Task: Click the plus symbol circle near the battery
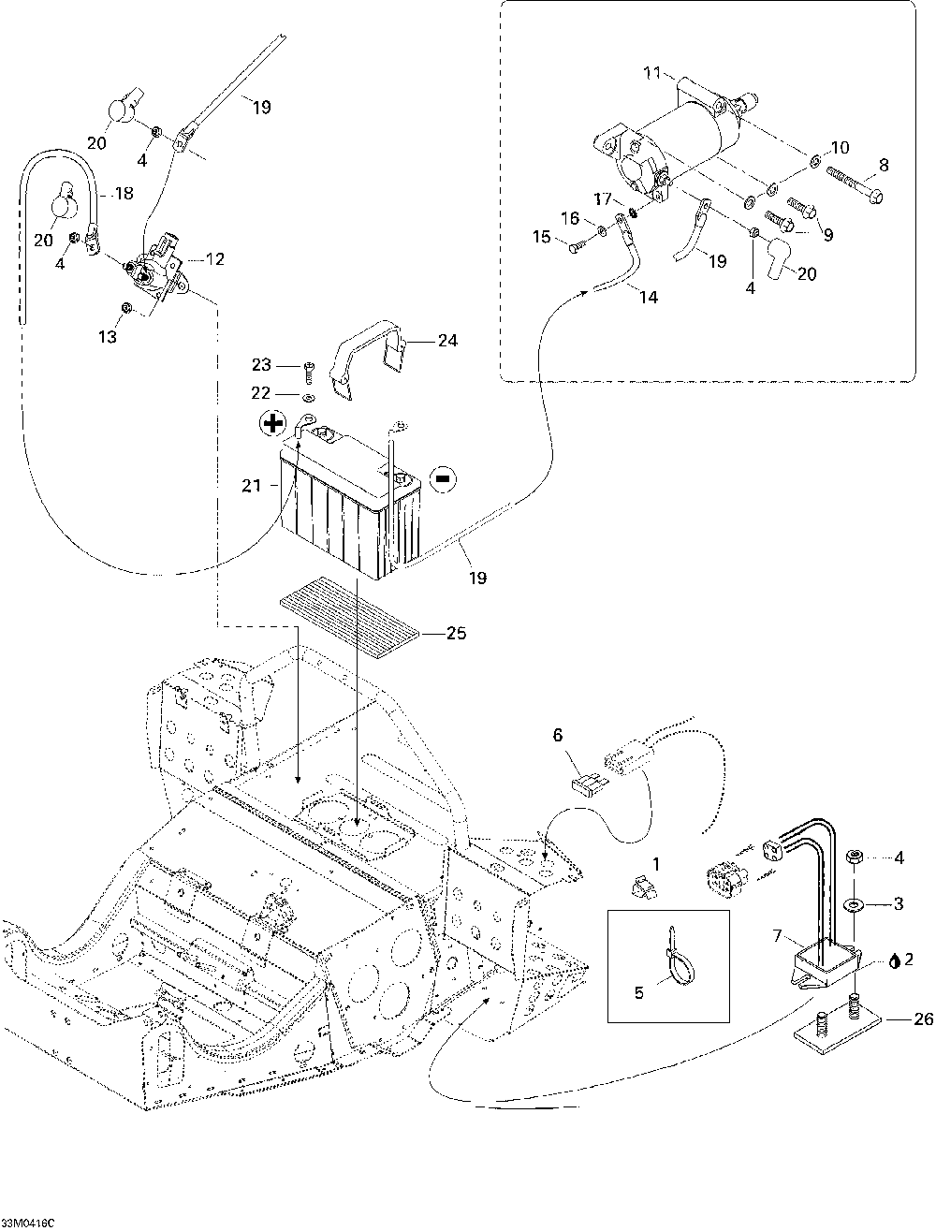click(x=272, y=425)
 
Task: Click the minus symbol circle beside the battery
click(x=442, y=478)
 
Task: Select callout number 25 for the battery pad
click(x=456, y=634)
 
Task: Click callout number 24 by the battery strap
click(x=447, y=341)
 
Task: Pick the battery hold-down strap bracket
click(x=371, y=359)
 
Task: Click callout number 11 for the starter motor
click(x=652, y=72)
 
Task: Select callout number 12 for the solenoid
click(x=214, y=258)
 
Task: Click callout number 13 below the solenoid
click(x=109, y=336)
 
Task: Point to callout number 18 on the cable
click(x=124, y=194)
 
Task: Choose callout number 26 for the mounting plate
click(x=922, y=1019)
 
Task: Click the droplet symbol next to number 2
click(x=894, y=960)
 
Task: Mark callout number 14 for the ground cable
click(x=648, y=298)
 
